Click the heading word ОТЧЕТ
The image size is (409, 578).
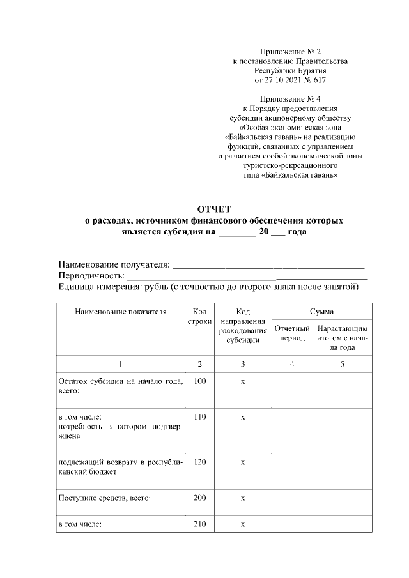click(214, 209)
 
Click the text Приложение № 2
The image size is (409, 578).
click(289, 51)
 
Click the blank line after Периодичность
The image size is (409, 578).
click(246, 276)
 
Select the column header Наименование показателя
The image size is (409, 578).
click(120, 312)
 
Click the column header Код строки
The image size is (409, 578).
click(199, 317)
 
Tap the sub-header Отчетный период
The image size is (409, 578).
click(291, 333)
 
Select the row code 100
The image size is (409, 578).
click(199, 381)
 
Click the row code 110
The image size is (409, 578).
click(199, 417)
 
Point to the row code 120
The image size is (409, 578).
click(199, 462)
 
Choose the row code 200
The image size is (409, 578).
click(199, 498)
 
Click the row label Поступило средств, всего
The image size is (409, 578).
click(104, 498)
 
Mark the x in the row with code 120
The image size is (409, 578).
click(243, 462)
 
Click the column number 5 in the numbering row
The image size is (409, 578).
click(342, 364)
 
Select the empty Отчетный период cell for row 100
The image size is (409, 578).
click(291, 390)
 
